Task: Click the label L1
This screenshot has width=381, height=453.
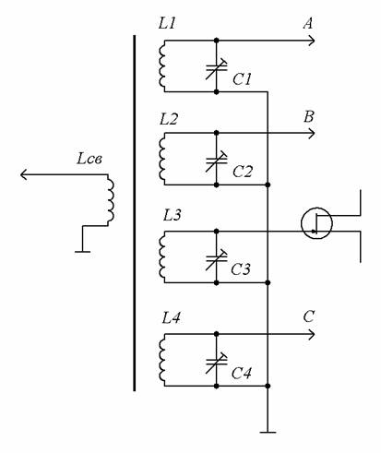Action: tap(167, 23)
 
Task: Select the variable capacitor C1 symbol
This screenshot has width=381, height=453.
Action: tap(216, 69)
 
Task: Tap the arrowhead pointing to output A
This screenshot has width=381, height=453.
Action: tap(311, 41)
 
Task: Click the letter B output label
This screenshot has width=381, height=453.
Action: tap(309, 117)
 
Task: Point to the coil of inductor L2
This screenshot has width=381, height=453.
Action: tap(162, 159)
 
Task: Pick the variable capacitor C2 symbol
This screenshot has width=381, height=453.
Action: tap(216, 161)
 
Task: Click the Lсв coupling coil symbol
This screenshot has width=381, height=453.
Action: tap(111, 200)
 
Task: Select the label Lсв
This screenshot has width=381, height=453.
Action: tap(89, 159)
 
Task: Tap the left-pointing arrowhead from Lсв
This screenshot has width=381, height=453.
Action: tap(24, 174)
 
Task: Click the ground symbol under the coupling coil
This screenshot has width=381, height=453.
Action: tap(82, 252)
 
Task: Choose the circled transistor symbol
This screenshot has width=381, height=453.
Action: tap(316, 223)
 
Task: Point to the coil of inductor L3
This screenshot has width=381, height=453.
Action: tap(162, 256)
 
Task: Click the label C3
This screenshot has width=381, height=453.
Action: tap(241, 269)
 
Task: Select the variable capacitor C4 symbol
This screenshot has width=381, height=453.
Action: tap(216, 363)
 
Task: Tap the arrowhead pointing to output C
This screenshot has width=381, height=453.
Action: tap(311, 334)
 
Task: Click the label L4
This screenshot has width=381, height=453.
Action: tap(171, 317)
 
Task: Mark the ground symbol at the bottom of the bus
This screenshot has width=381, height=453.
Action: tap(268, 432)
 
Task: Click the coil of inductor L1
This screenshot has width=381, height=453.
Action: tap(162, 66)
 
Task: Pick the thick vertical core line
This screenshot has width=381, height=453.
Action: tap(134, 213)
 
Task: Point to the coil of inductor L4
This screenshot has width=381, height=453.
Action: tap(162, 360)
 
